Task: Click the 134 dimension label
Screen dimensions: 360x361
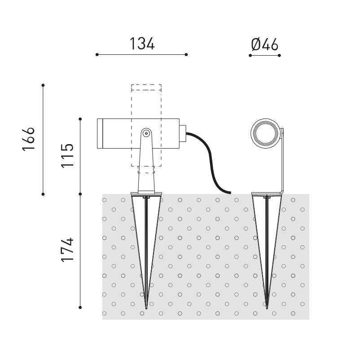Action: coord(142,44)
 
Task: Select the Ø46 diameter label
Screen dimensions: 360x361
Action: coord(265,44)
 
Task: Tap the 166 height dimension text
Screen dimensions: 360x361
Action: coord(28,139)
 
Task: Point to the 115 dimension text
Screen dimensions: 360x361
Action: coord(67,156)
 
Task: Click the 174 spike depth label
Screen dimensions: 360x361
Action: coord(67,250)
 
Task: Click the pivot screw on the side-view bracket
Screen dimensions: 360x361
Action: coord(146,133)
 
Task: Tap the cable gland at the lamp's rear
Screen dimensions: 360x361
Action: coord(183,133)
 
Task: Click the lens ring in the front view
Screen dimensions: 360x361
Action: coord(265,133)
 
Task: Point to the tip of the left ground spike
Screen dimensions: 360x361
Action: coord(146,309)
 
